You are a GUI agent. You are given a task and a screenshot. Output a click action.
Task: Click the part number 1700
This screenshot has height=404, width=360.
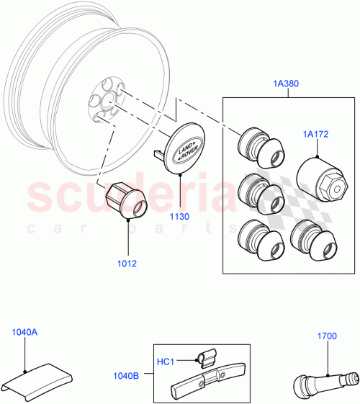pyautogui.click(x=327, y=336)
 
